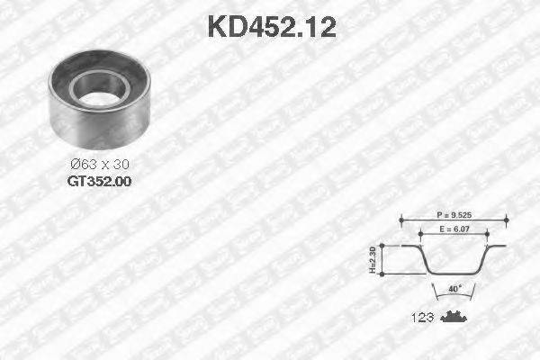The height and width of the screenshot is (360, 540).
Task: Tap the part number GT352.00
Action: [98, 180]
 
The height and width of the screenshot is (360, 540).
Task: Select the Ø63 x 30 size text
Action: [98, 165]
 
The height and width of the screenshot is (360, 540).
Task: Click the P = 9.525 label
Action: [453, 216]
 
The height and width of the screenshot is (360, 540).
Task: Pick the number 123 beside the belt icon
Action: [424, 317]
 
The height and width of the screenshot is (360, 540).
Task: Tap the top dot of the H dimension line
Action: [383, 246]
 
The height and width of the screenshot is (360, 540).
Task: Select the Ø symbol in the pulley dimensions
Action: [75, 165]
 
